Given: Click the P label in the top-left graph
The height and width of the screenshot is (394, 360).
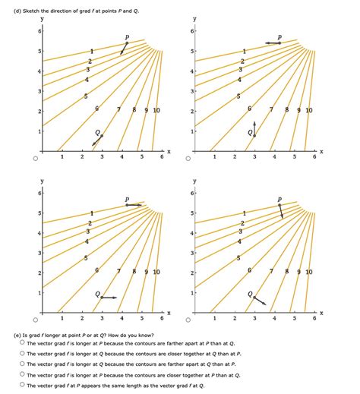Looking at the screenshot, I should (127, 36).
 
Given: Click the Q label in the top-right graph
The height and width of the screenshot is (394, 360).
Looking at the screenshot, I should (249, 131).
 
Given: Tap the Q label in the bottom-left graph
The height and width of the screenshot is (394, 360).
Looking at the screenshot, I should (97, 293).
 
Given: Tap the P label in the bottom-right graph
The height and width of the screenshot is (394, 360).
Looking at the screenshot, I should (279, 200).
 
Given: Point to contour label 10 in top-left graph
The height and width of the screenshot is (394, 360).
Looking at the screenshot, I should (156, 111).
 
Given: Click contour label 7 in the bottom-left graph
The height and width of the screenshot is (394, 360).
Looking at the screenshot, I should (119, 272).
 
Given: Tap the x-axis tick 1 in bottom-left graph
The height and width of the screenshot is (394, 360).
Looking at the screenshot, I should (62, 318).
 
